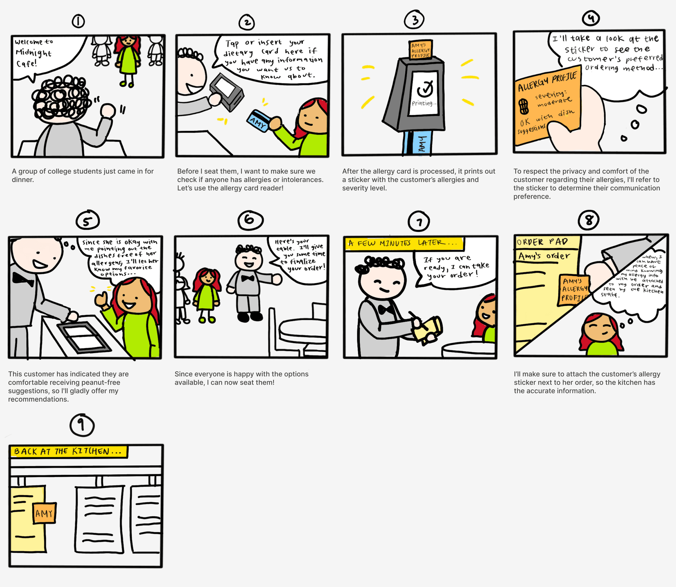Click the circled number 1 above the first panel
78,21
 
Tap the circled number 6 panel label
251,221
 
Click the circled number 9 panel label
82,425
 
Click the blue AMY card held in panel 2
258,121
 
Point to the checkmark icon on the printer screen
425,88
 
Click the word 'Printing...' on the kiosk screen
424,103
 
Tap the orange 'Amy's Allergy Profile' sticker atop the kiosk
421,50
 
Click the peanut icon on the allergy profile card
524,106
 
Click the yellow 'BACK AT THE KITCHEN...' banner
69,451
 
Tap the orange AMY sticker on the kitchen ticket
44,513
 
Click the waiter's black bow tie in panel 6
248,278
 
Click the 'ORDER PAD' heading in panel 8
542,242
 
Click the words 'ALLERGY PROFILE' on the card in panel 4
547,82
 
